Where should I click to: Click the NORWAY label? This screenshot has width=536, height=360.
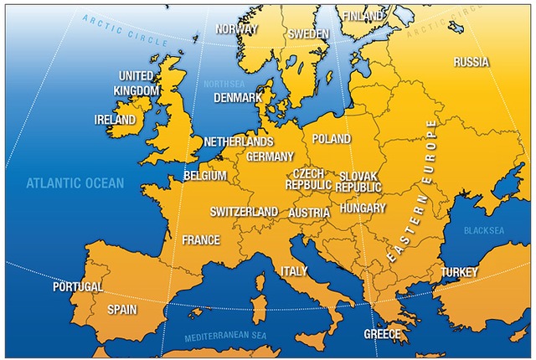point(236,28)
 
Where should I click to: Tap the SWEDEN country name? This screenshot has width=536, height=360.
point(308,34)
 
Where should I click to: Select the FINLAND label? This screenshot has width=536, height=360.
point(363,16)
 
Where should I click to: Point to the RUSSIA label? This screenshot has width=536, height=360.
point(472,62)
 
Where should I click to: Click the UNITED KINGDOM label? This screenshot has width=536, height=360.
point(137,83)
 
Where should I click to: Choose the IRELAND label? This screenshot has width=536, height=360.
point(115,120)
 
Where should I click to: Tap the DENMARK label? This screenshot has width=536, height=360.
point(238,97)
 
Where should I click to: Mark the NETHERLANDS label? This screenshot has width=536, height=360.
point(239,141)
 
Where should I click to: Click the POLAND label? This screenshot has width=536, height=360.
point(332,138)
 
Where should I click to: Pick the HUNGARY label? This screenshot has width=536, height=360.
point(363,208)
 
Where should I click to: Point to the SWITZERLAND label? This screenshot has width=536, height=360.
point(244,212)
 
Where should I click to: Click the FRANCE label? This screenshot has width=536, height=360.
point(201,240)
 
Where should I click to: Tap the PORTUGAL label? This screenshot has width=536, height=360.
point(78,286)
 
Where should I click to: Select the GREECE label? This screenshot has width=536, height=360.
point(382,333)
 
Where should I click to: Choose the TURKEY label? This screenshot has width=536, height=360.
point(460,272)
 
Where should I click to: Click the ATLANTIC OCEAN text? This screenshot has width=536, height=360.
point(75,183)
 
